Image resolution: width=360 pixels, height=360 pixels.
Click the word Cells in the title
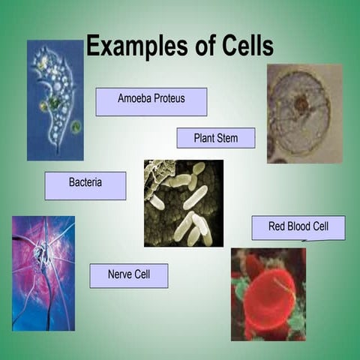click(243, 46)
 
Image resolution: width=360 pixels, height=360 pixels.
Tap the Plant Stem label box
click(215, 138)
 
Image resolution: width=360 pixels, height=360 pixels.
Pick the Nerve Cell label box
click(128, 275)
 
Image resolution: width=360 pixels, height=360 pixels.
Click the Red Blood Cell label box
click(298, 228)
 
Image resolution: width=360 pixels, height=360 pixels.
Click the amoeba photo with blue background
click(55, 100)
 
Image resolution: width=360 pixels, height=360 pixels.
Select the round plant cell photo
click(304, 113)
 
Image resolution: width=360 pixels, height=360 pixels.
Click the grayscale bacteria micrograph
click(183, 202)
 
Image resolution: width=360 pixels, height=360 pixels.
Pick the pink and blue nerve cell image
click(43, 273)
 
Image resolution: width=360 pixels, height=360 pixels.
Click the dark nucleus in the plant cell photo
click(301, 104)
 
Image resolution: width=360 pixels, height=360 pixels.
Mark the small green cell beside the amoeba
click(76, 127)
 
